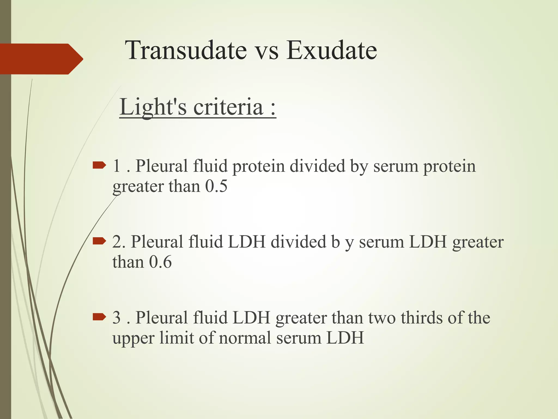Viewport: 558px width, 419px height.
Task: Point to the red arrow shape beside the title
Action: (41, 59)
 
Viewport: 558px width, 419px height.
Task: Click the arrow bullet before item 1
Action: (99, 165)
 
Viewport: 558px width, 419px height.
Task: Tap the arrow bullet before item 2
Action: (99, 241)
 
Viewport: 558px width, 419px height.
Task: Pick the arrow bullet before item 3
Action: (99, 316)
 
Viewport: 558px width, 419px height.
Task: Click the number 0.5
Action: (216, 186)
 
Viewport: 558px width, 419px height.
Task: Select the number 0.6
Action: (160, 262)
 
